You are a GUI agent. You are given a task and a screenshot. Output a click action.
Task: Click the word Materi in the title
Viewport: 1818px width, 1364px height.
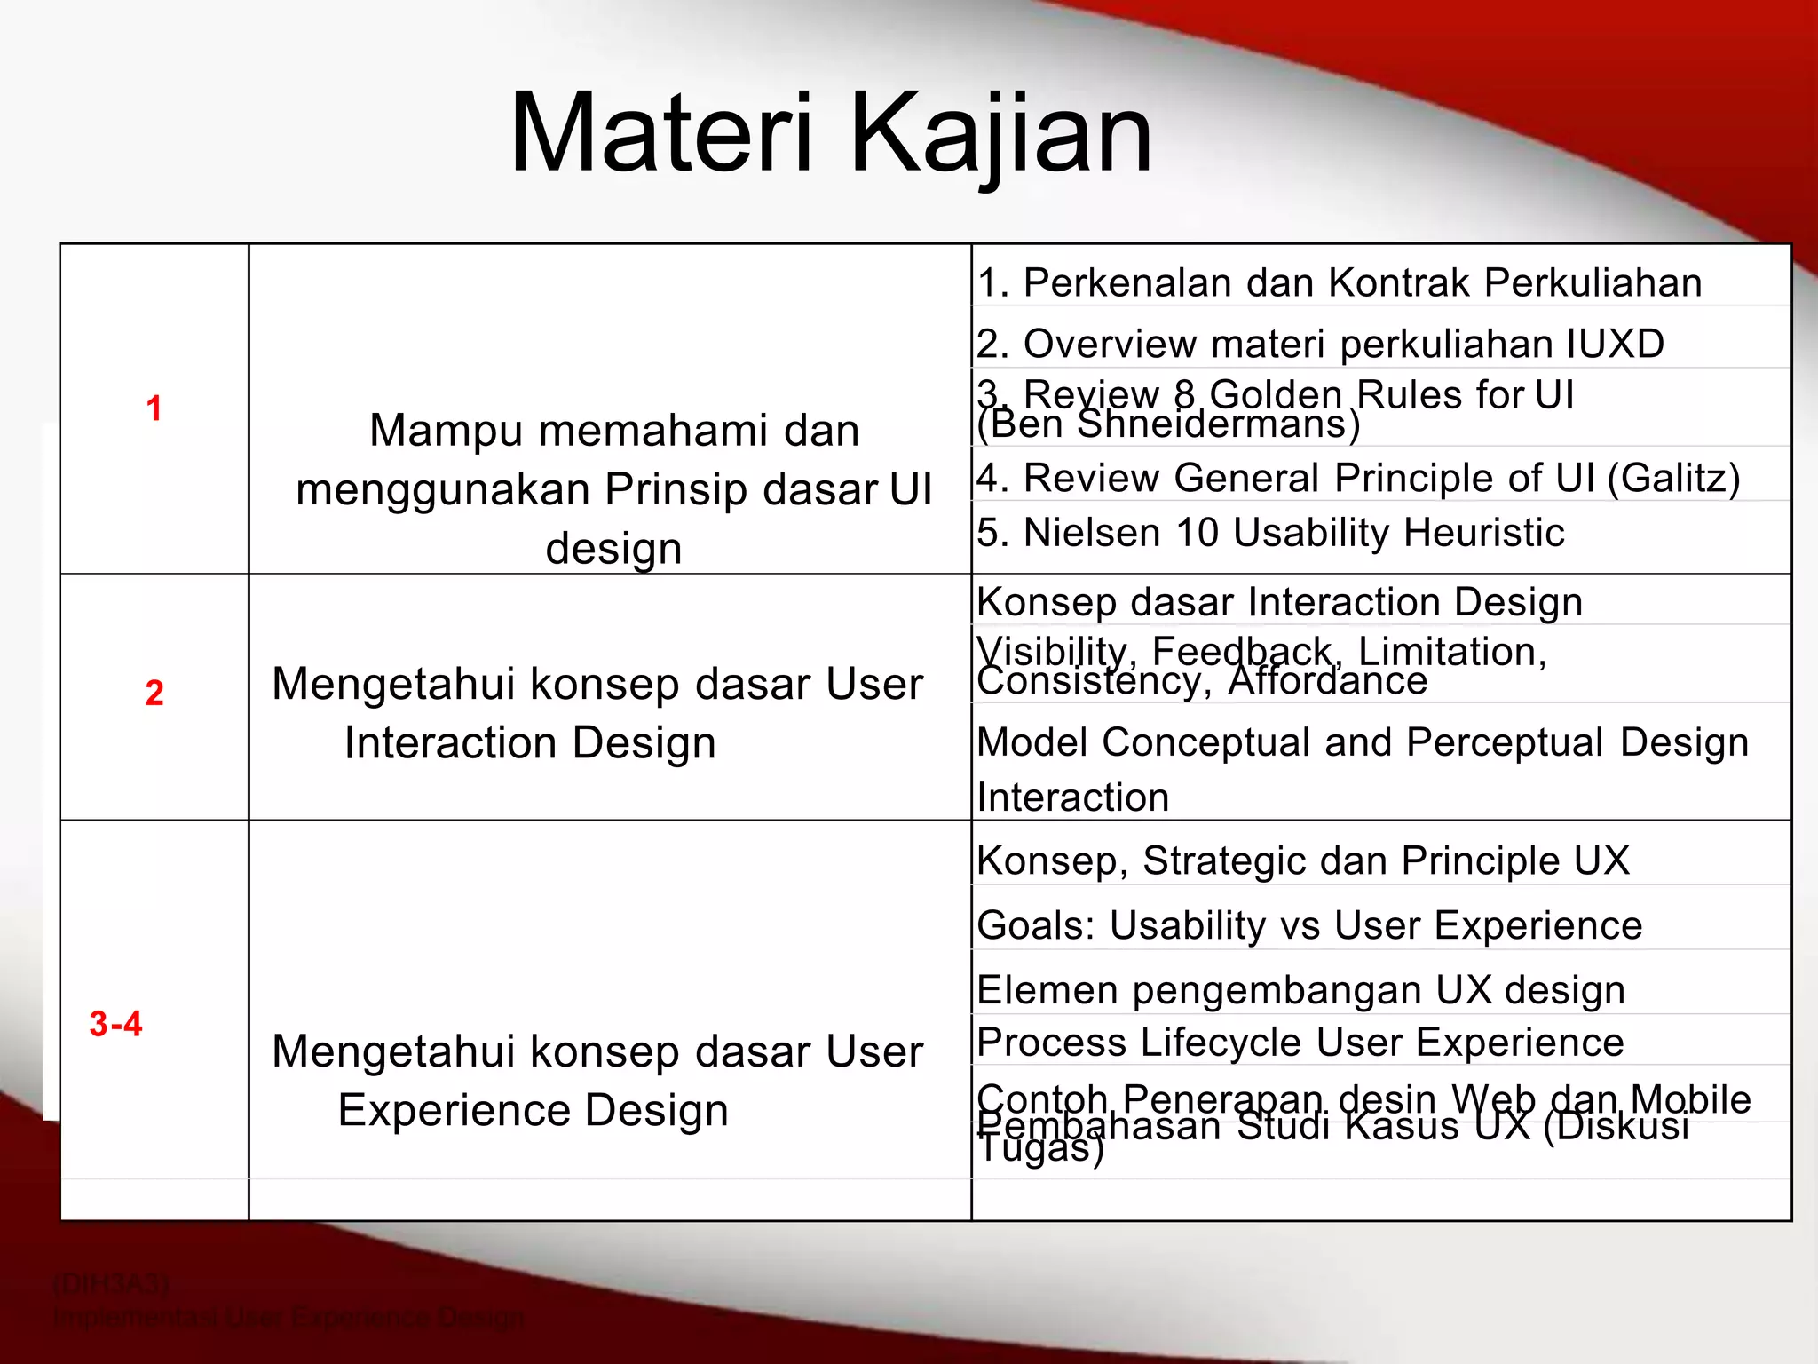661,133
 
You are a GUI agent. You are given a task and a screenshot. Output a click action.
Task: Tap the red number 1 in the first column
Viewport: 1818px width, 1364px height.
154,408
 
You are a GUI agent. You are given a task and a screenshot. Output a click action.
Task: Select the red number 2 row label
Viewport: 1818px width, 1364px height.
154,693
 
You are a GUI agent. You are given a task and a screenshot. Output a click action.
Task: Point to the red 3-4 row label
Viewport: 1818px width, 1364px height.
115,1024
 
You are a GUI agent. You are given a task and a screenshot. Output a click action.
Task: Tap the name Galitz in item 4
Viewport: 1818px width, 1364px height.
1673,479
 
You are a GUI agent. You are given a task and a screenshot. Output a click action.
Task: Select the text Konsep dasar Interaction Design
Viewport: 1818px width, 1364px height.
1278,602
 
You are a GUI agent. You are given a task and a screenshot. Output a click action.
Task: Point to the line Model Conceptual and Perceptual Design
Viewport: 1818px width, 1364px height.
1363,742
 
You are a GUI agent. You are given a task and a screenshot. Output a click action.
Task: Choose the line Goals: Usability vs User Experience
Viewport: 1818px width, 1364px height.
1309,925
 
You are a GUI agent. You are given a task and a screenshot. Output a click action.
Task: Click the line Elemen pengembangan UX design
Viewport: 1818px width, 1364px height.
1300,990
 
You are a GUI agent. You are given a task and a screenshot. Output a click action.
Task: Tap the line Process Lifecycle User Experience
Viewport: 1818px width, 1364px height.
1300,1043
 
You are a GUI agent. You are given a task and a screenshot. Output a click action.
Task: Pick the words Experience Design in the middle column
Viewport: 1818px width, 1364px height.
533,1110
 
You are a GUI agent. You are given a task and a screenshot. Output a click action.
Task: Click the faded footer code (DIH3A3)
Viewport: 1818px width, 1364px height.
111,1284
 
